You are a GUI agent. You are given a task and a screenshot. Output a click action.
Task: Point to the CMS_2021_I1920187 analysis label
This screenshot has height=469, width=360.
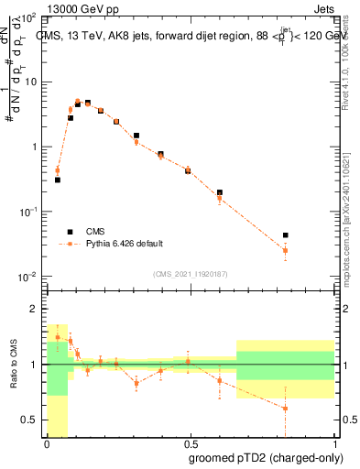click(191, 275)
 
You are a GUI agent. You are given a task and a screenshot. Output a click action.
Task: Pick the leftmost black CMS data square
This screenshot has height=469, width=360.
click(58, 180)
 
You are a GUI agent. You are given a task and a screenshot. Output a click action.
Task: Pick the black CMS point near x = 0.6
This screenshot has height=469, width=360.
click(220, 192)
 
